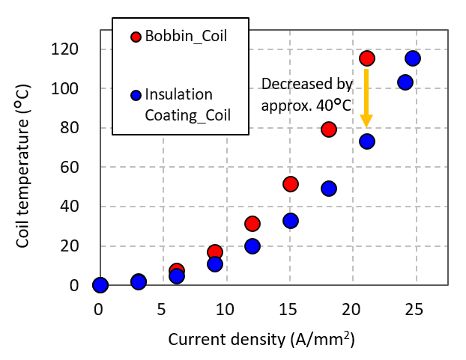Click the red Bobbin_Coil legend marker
click(136, 37)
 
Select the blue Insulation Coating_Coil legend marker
click(136, 96)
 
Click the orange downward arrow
click(366, 98)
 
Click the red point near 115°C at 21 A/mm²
click(367, 58)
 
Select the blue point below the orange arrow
click(367, 141)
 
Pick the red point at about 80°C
click(329, 129)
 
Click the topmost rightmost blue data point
click(413, 58)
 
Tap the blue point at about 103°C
click(405, 82)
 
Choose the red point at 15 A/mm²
click(291, 184)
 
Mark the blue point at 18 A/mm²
click(329, 189)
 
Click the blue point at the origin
click(100, 285)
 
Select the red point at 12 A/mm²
click(252, 224)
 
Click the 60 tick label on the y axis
click(81, 168)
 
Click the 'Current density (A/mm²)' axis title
click(261, 339)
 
